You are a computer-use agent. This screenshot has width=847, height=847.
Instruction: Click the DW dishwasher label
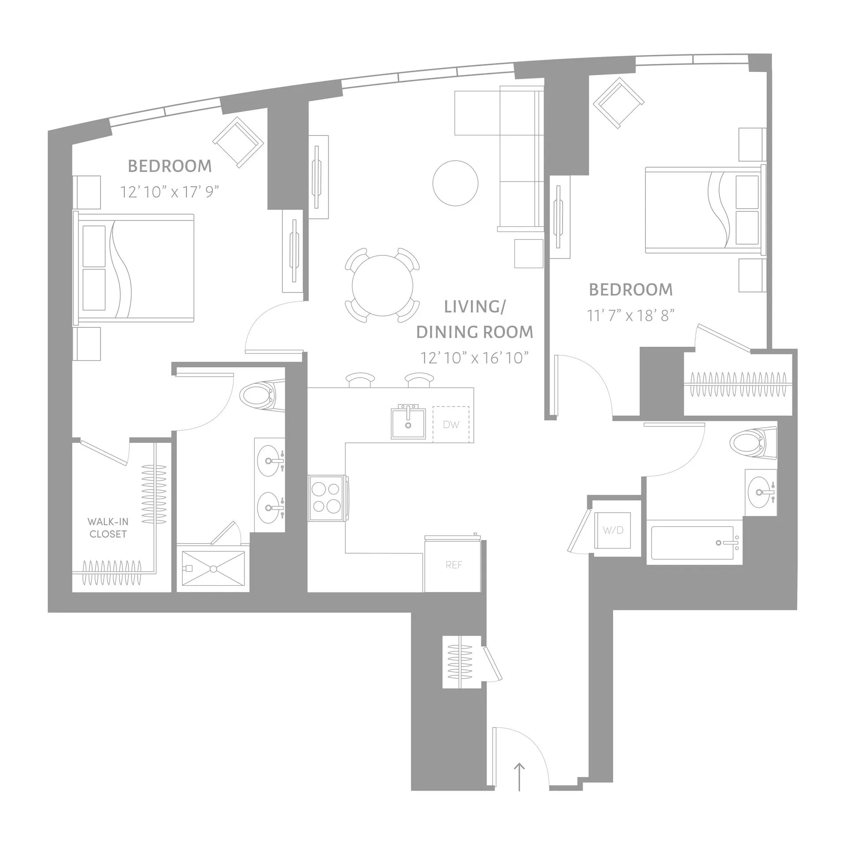(x=451, y=425)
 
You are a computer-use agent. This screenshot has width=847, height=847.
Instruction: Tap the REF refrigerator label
(x=453, y=565)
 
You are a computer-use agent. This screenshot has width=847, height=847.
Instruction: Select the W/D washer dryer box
(x=613, y=530)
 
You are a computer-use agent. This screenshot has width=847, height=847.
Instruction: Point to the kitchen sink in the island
(x=408, y=423)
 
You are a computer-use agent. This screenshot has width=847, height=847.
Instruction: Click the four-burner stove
(x=326, y=498)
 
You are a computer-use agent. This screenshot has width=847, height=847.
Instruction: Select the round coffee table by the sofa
(x=455, y=183)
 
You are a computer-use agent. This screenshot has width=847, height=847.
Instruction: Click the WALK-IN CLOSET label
(x=108, y=528)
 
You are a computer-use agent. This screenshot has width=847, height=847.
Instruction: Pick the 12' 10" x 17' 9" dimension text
(x=170, y=192)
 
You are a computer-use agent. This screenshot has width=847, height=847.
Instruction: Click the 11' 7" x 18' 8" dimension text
(x=631, y=315)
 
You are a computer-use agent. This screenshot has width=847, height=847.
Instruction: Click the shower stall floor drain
(x=213, y=569)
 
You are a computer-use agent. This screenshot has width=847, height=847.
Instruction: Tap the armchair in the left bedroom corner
(x=238, y=142)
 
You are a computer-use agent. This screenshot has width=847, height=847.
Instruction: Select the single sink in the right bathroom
(x=760, y=492)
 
